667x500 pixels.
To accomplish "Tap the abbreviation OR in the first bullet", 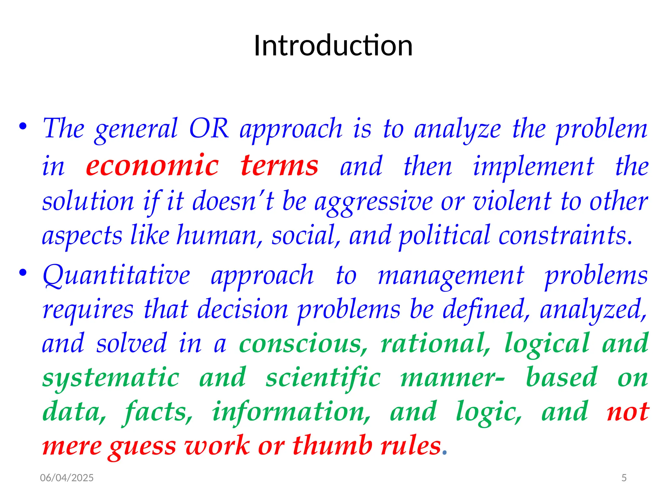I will coord(209,129).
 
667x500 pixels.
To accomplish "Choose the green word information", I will coord(291,412).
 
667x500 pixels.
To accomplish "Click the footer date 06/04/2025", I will coord(67,478).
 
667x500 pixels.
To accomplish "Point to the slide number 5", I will coord(624,478).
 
